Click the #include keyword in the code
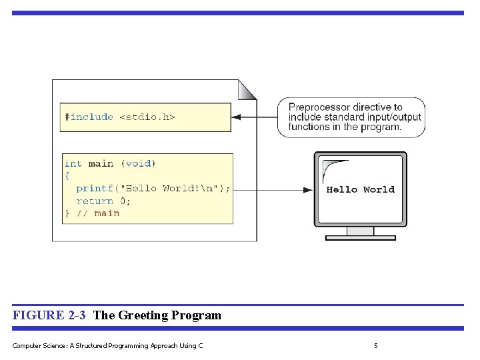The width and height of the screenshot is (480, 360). click(x=89, y=117)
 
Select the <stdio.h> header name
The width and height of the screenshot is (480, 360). click(x=147, y=117)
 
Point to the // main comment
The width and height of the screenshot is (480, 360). click(x=98, y=213)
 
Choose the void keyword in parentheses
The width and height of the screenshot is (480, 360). click(x=138, y=163)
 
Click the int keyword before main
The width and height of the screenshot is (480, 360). click(x=73, y=163)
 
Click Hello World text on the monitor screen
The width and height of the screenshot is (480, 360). click(x=360, y=189)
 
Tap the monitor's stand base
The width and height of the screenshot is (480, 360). click(x=360, y=237)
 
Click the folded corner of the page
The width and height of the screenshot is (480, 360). click(x=247, y=89)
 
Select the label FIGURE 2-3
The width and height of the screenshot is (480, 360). click(x=49, y=315)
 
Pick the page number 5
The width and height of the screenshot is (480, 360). click(x=376, y=345)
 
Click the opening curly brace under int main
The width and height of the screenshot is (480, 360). click(x=67, y=176)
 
